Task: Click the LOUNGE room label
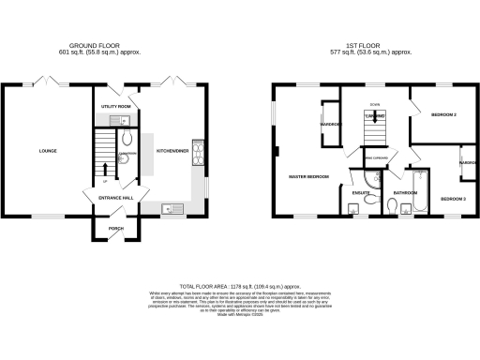click(47, 149)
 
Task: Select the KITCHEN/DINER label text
click(173, 149)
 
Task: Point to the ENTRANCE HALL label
click(111, 198)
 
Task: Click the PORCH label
click(116, 228)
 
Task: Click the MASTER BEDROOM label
click(307, 175)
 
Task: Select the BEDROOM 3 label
click(454, 198)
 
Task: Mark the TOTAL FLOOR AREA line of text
click(239, 284)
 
